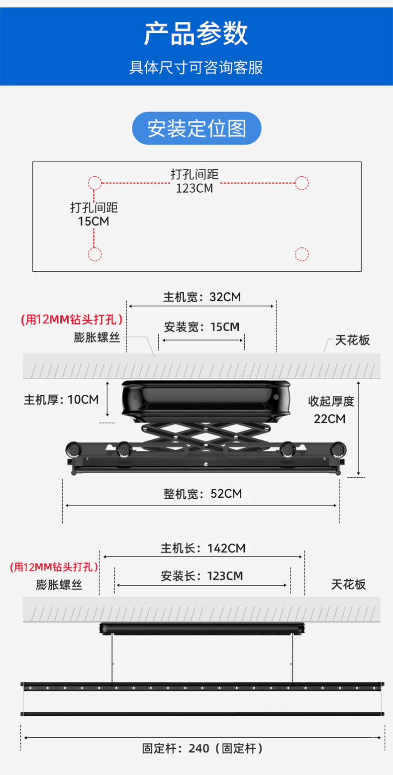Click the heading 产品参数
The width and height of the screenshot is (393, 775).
[196, 34]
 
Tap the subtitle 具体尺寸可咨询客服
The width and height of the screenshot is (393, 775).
[196, 67]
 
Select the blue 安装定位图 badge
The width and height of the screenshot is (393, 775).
[196, 128]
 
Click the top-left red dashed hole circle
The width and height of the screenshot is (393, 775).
[95, 183]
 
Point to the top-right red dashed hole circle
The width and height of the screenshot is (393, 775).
[301, 183]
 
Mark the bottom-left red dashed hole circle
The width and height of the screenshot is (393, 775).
[95, 254]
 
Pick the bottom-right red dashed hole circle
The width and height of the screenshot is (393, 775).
[301, 254]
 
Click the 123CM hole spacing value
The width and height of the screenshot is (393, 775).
[194, 189]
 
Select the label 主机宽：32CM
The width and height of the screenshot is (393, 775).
[202, 297]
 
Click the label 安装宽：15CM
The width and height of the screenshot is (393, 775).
[201, 327]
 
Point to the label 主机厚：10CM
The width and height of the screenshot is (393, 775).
[61, 399]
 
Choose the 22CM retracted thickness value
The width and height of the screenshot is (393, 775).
[329, 419]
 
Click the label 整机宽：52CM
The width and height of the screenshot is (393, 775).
[202, 494]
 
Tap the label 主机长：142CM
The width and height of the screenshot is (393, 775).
[202, 549]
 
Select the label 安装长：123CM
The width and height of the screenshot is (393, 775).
[202, 576]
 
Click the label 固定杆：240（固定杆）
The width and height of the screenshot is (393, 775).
[202, 748]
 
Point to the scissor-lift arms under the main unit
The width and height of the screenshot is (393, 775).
[205, 436]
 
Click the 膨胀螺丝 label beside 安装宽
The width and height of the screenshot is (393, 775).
[98, 337]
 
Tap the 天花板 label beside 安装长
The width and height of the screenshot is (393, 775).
[349, 584]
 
